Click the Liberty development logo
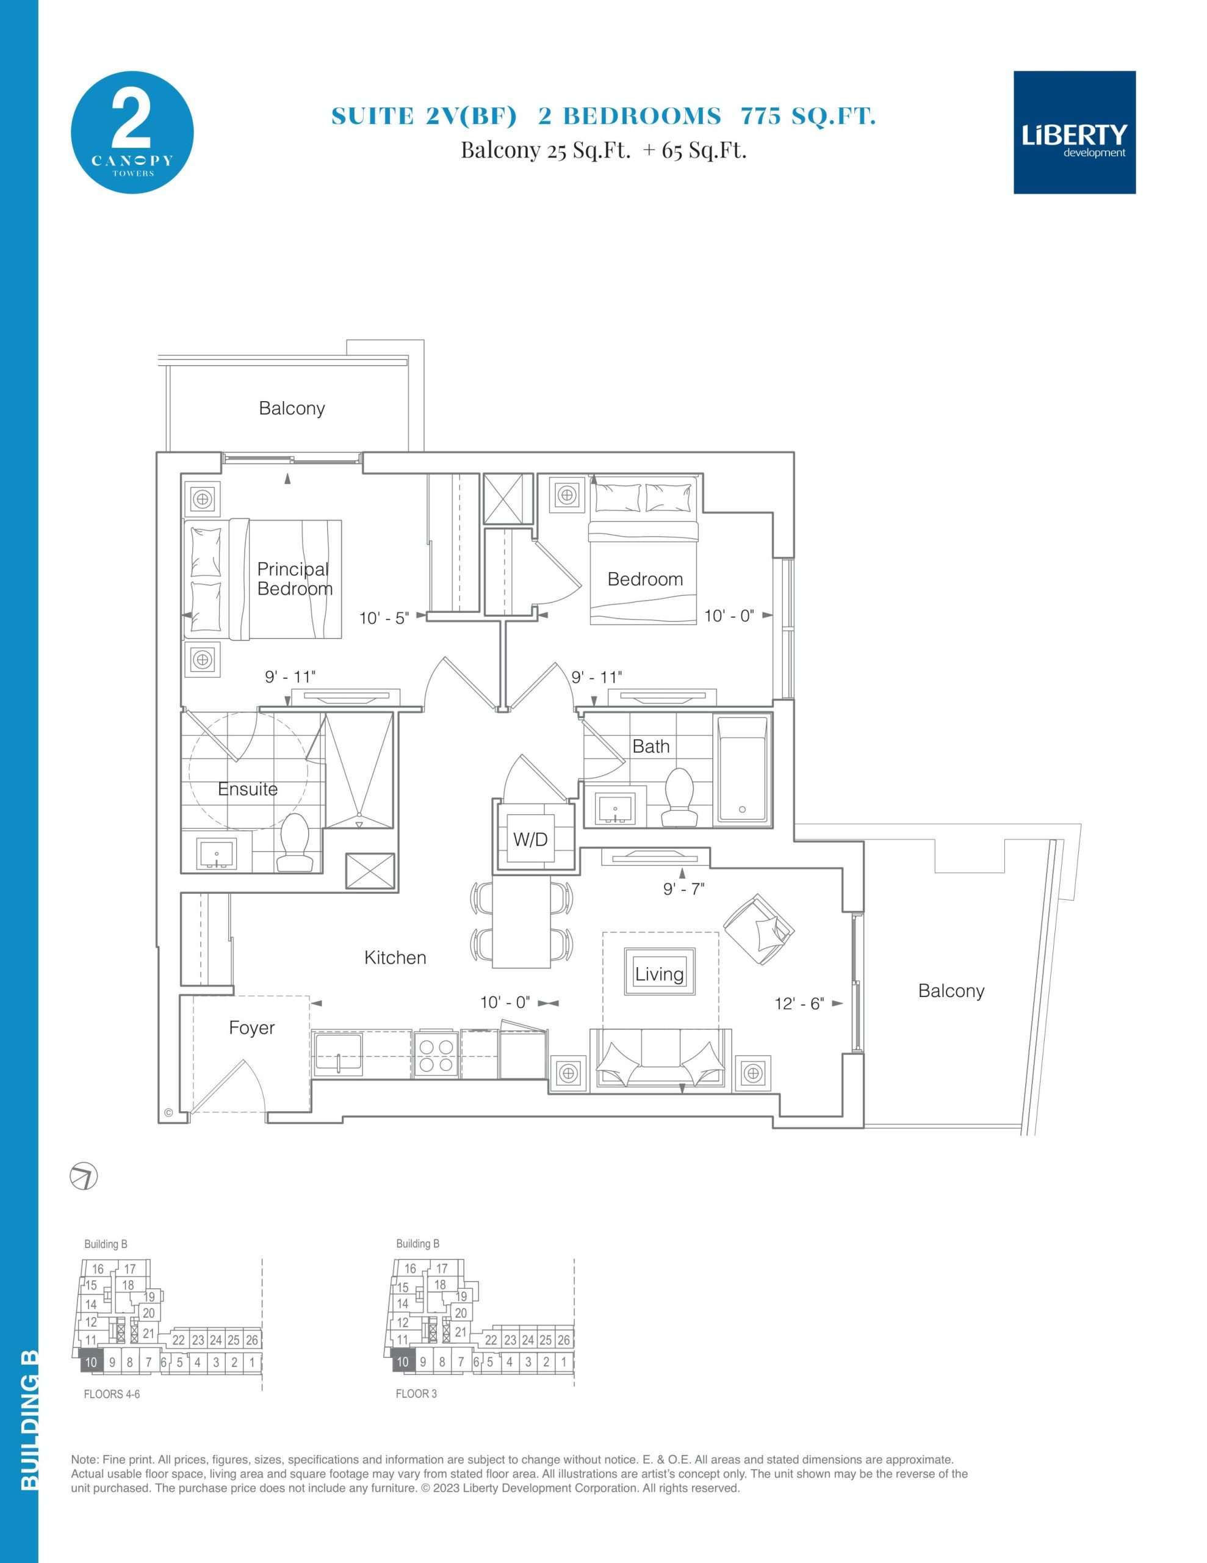point(1074,132)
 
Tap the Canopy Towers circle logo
point(132,132)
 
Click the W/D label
point(530,840)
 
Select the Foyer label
point(252,1028)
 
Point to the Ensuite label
point(248,789)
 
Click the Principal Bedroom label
point(295,579)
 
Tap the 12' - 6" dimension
point(799,1003)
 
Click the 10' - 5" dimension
point(383,618)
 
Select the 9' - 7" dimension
point(684,889)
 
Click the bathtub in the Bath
point(743,770)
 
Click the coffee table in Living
point(660,971)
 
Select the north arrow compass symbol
point(84,1176)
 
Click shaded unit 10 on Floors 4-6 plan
point(91,1362)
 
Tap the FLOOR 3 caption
point(416,1393)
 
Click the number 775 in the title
point(760,116)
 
